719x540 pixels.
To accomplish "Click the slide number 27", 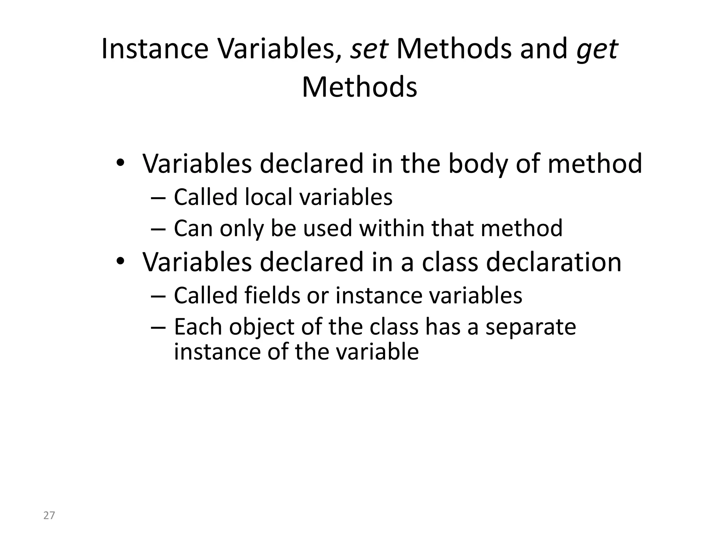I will (49, 515).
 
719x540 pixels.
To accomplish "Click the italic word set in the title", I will (369, 49).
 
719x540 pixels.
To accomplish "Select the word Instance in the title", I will (155, 49).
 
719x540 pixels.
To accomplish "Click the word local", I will (269, 197).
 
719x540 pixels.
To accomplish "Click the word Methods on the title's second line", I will (359, 87).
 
